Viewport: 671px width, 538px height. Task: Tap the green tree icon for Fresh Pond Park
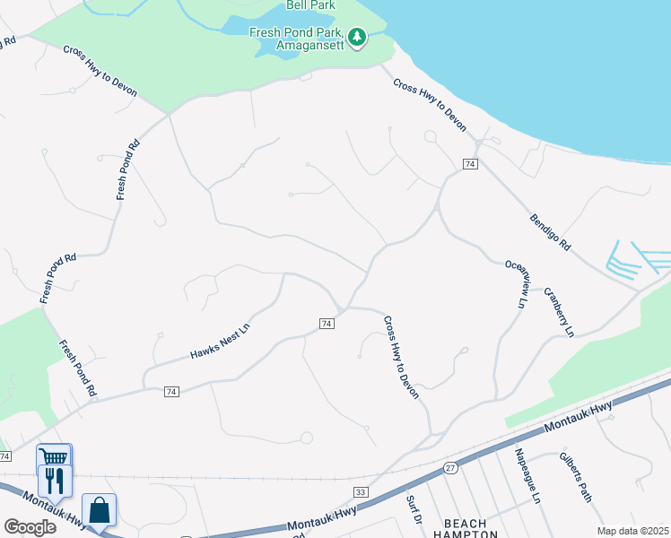click(358, 37)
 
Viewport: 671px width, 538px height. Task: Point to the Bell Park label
click(309, 4)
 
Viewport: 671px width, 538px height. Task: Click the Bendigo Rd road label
click(550, 231)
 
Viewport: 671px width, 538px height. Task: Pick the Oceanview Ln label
click(515, 284)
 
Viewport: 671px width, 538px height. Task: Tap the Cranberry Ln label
click(561, 313)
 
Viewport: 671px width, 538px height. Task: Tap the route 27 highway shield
click(450, 467)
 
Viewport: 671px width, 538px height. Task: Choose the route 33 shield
click(361, 492)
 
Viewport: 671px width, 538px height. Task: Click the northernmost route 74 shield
click(469, 164)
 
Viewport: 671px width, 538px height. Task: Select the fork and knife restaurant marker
click(54, 482)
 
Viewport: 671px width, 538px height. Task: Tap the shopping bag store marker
click(99, 509)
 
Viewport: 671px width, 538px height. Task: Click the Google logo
click(30, 526)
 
